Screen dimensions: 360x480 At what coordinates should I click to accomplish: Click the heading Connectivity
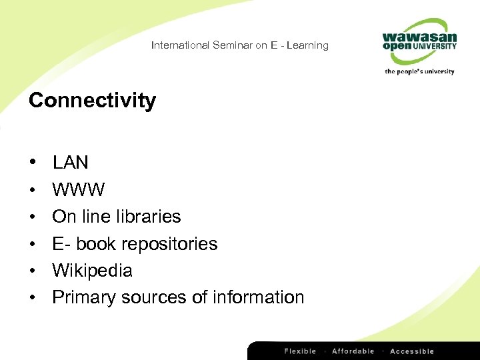[x=92, y=101]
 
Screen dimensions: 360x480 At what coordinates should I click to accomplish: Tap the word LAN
[x=71, y=163]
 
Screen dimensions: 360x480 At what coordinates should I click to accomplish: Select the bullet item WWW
[x=78, y=190]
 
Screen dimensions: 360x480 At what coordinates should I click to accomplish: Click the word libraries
[x=148, y=217]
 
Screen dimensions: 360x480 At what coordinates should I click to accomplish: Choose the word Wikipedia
[x=92, y=271]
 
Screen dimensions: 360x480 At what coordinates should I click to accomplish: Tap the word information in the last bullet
[x=258, y=297]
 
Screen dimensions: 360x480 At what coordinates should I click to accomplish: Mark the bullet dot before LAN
[x=32, y=163]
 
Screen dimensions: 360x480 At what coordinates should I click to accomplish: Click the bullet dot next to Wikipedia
[x=32, y=271]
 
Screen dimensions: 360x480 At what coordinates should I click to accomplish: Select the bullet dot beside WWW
[x=32, y=190]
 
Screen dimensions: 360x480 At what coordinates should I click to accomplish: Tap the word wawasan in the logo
[x=419, y=35]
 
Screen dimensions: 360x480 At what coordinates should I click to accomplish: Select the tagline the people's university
[x=419, y=71]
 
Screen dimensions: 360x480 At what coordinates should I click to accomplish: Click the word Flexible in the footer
[x=301, y=351]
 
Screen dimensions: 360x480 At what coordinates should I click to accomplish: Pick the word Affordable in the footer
[x=353, y=351]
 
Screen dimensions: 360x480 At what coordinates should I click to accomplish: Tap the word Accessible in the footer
[x=411, y=351]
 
